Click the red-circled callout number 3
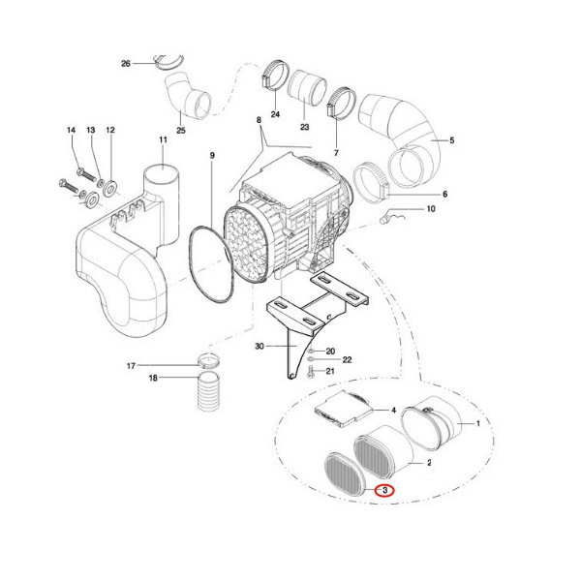coord(384,491)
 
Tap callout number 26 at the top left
coord(125,64)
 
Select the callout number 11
coord(163,141)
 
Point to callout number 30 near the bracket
coord(259,346)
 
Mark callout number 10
coord(431,209)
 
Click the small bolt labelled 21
coord(309,370)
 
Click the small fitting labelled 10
coord(390,217)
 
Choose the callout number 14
coord(71,130)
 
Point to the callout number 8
coord(259,120)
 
